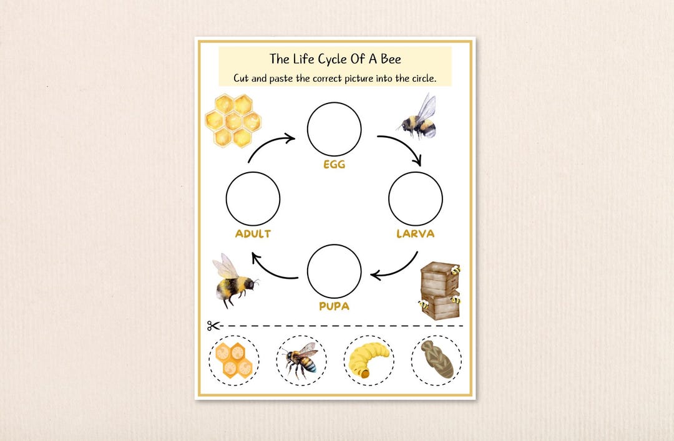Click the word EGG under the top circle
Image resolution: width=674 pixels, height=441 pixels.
(x=335, y=165)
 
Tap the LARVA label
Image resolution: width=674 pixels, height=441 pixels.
(x=415, y=234)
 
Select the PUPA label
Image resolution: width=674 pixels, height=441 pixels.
(x=334, y=306)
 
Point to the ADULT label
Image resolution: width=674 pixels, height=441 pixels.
(x=253, y=234)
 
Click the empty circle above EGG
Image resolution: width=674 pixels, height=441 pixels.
(x=334, y=129)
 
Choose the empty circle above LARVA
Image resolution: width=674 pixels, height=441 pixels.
(x=415, y=198)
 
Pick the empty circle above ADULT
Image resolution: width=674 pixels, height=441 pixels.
(x=253, y=198)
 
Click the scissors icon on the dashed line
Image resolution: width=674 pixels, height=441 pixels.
(x=213, y=325)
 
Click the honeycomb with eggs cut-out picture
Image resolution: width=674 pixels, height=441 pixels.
(x=233, y=360)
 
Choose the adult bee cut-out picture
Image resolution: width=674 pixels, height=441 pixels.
(x=301, y=360)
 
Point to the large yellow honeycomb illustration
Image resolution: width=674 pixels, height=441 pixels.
(x=233, y=119)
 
